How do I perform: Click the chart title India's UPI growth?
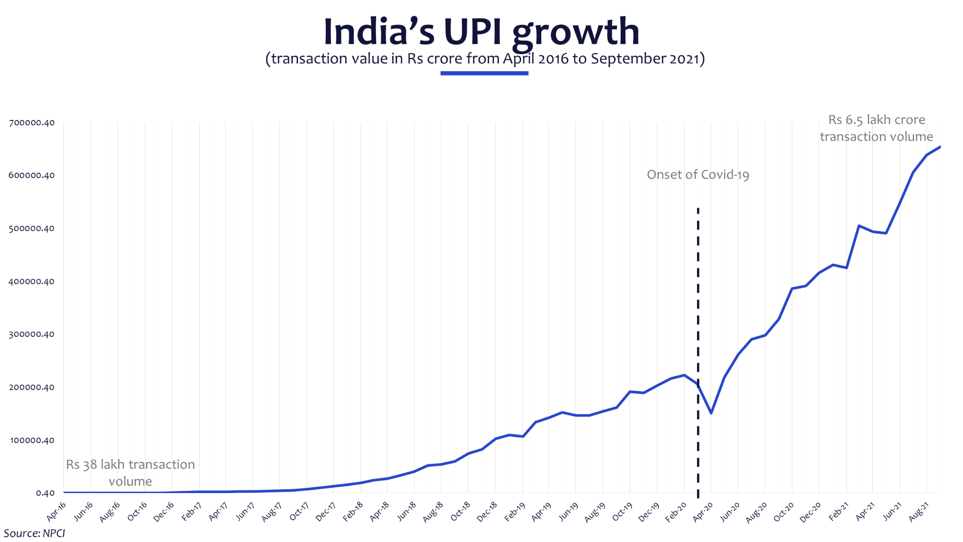(x=481, y=32)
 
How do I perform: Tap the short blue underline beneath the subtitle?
(x=484, y=73)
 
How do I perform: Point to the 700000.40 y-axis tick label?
(x=32, y=123)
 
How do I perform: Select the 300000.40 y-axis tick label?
(x=32, y=335)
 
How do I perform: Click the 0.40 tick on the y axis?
(x=45, y=493)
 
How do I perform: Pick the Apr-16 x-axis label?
(x=56, y=511)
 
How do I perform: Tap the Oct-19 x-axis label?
(x=623, y=512)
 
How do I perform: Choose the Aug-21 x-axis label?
(x=919, y=512)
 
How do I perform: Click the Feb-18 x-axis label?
(x=353, y=512)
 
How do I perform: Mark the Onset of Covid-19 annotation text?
(x=698, y=175)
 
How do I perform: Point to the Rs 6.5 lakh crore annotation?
(x=876, y=128)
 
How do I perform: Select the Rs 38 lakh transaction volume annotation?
(x=130, y=473)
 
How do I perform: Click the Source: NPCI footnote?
(x=34, y=534)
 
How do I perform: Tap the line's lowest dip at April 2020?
(x=711, y=413)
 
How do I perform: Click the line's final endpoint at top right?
(x=939, y=147)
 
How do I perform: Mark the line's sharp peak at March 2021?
(x=859, y=226)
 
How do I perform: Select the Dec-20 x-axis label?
(x=811, y=512)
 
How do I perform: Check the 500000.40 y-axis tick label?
(x=32, y=229)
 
